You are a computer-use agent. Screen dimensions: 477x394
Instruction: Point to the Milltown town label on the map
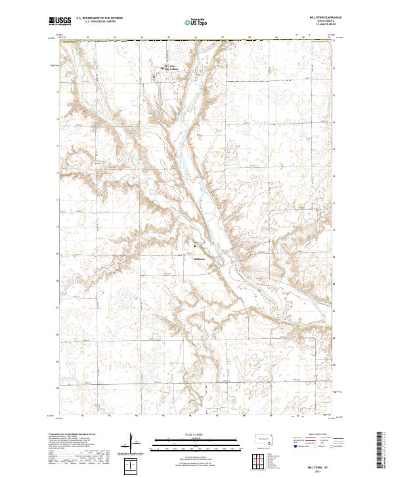coord(200,259)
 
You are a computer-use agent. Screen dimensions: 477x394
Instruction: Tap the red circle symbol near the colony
coord(154,77)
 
